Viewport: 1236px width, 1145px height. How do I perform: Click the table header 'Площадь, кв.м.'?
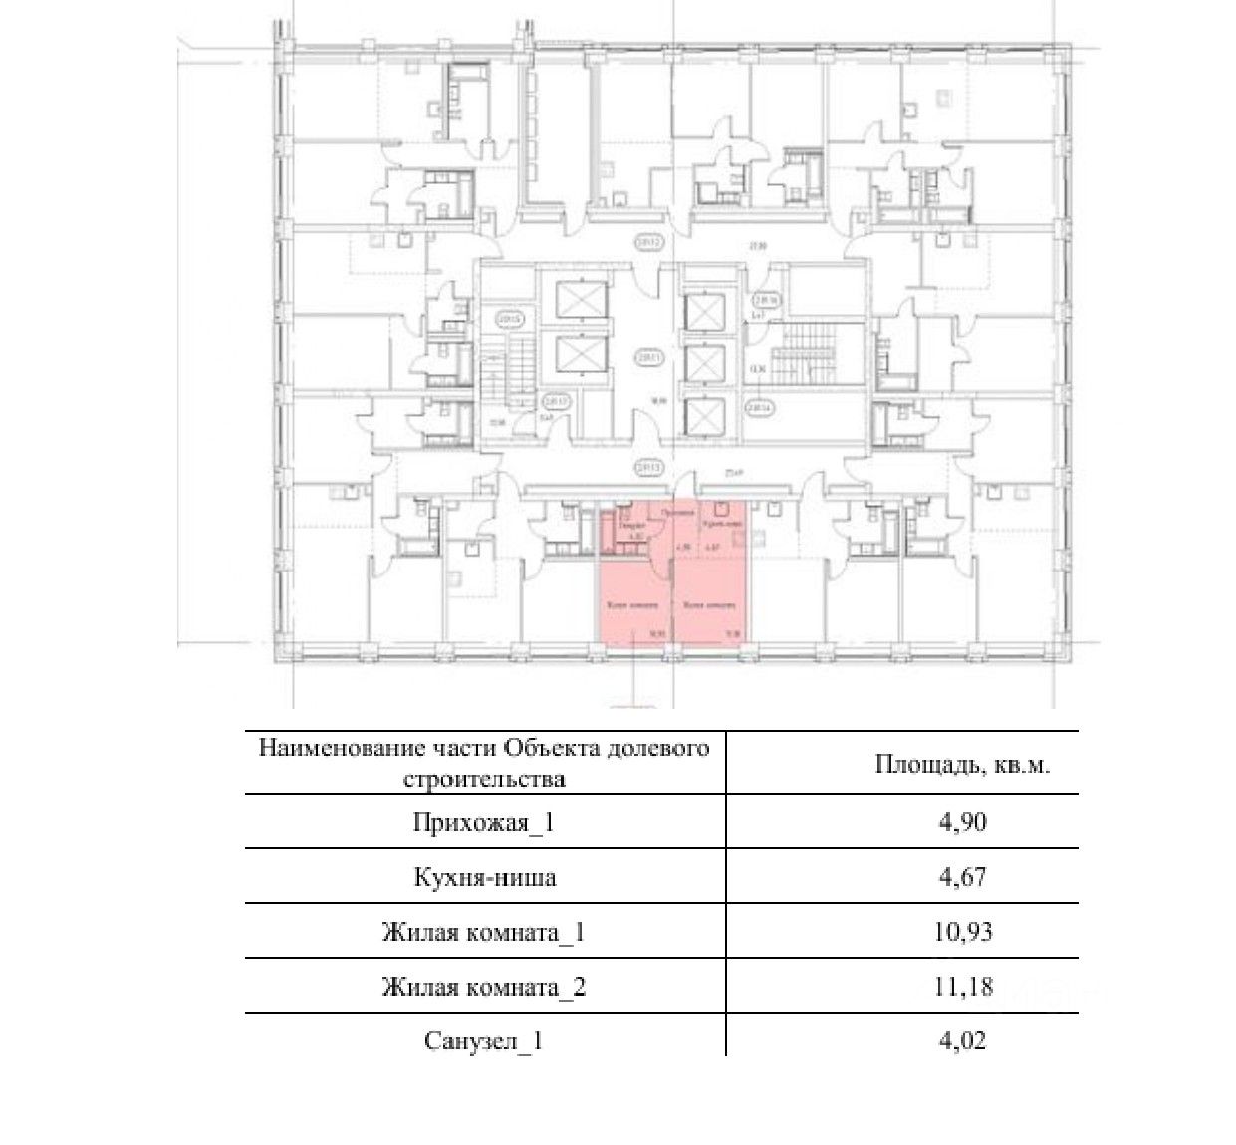click(x=961, y=765)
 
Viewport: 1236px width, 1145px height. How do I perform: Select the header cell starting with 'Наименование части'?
click(x=484, y=763)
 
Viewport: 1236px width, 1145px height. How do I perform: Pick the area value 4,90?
click(x=961, y=822)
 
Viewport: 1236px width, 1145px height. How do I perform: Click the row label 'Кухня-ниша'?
click(x=484, y=877)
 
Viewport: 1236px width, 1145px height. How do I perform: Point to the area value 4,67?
click(x=961, y=877)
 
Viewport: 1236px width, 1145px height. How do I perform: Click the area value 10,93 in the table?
click(x=961, y=932)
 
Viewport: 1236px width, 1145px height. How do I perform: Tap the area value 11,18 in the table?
click(x=961, y=987)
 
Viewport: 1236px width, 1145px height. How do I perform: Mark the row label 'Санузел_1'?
click(x=484, y=1041)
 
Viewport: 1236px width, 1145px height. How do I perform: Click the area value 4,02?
click(x=961, y=1041)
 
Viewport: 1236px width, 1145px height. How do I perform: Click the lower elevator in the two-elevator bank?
click(x=580, y=353)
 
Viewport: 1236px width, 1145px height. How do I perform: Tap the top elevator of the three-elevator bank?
click(x=704, y=313)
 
